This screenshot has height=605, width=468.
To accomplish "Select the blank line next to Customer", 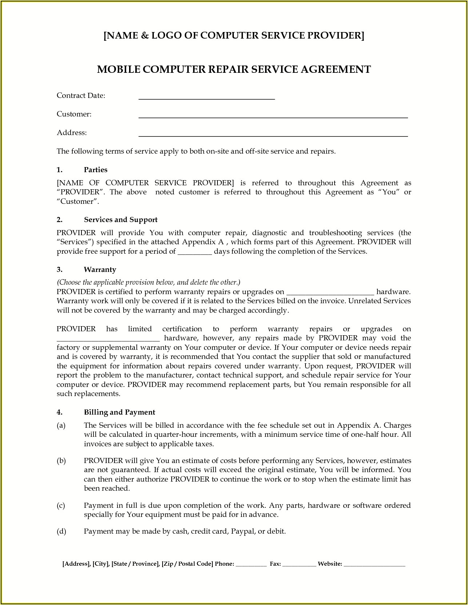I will point(273,116).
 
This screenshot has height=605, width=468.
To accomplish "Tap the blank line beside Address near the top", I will point(273,135).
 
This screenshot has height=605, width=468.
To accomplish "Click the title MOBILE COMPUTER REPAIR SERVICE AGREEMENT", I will point(234,69).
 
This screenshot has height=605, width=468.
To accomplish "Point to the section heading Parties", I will point(96,170).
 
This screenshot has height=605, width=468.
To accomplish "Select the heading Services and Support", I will point(121,220).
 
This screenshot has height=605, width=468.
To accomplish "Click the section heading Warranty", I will point(100,269).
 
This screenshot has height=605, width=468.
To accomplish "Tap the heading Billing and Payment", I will point(120,412).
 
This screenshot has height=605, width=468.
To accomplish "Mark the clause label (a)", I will point(61,425).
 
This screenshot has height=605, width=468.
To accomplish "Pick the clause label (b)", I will point(61,460).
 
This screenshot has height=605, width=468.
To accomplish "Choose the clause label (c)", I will point(61,505).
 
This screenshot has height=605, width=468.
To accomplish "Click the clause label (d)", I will point(61,531).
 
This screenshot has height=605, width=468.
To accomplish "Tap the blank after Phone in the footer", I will point(251,565).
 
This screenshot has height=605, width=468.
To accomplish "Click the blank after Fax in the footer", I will point(299,565).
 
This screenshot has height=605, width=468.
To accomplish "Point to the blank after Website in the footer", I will point(374,565).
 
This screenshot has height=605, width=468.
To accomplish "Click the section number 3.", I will point(59,269).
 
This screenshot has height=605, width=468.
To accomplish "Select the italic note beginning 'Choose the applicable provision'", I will point(148,282).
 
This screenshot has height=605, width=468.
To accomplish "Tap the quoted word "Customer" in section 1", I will point(77,201).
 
